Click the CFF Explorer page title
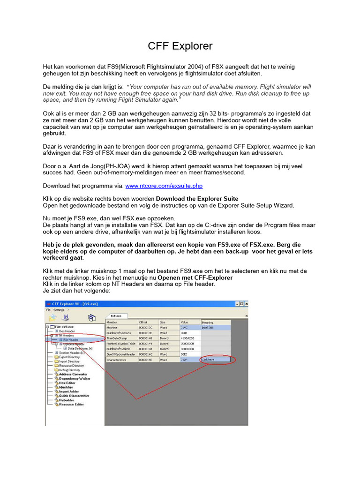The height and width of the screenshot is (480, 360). click(180, 46)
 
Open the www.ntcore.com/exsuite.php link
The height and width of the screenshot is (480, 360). click(164, 186)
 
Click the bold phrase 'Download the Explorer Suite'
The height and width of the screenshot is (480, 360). click(197, 198)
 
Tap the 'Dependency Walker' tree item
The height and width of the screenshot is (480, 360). click(75, 378)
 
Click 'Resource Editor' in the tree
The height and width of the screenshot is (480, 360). click(72, 404)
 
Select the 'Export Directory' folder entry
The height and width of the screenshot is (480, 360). click(69, 357)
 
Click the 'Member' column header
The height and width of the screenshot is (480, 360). click(112, 322)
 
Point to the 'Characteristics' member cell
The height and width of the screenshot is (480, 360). click(117, 360)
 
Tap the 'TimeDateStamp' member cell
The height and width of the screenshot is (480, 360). click(117, 338)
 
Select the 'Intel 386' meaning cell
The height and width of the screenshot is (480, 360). click(209, 328)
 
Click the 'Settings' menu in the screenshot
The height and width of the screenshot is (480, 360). click(59, 310)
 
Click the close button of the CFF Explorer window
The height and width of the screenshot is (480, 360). click(245, 304)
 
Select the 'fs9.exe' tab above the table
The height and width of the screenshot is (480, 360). click(116, 316)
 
